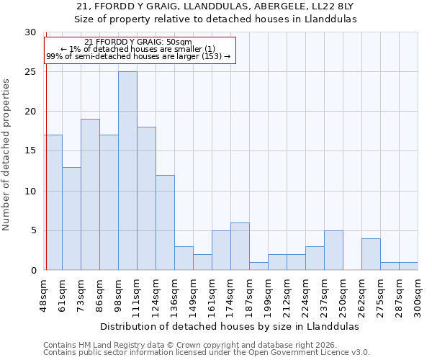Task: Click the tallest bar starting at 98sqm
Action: point(127,171)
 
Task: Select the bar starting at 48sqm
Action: point(53,202)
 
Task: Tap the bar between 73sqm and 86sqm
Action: point(90,194)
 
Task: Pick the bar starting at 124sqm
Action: point(165,222)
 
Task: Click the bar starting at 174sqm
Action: point(240,246)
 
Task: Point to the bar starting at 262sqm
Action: point(371,254)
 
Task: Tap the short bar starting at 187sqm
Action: point(258,266)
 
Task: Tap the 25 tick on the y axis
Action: point(30,72)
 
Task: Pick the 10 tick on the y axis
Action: point(30,191)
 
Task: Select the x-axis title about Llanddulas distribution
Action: point(229,326)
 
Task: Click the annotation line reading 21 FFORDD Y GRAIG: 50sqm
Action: point(138,42)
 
